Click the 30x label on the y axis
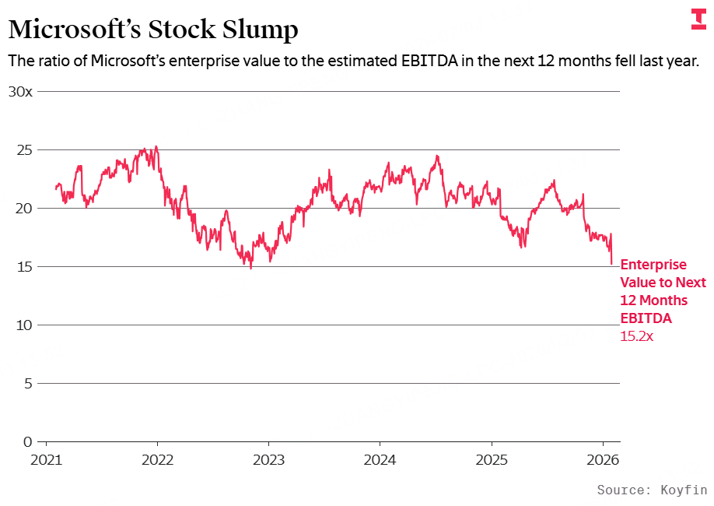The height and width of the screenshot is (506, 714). (20, 91)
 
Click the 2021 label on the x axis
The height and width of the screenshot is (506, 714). (47, 459)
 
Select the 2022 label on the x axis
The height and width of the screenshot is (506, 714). (157, 459)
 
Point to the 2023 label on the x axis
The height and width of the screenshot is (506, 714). (268, 459)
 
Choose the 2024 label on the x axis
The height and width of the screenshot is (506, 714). (380, 459)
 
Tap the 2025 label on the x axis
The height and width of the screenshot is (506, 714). (491, 459)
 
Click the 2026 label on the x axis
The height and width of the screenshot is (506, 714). (602, 459)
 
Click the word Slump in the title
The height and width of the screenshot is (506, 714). (258, 30)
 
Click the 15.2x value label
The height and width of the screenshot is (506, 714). (637, 337)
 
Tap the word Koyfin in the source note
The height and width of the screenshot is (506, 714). (684, 490)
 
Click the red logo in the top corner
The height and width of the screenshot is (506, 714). (698, 19)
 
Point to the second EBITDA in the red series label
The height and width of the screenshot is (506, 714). (646, 318)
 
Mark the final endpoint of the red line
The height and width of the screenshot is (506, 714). (612, 264)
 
